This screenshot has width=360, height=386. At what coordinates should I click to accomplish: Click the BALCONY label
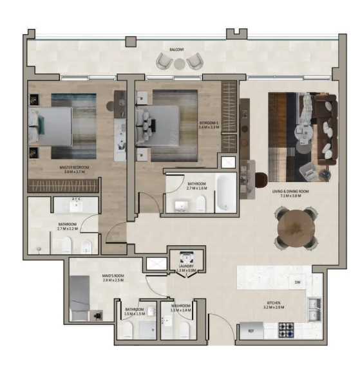(177, 50)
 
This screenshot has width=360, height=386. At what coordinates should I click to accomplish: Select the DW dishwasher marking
(298, 283)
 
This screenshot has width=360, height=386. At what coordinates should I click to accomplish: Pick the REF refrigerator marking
(251, 331)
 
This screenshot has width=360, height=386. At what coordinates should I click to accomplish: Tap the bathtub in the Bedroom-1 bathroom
(226, 192)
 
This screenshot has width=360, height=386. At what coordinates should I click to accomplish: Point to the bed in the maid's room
(80, 295)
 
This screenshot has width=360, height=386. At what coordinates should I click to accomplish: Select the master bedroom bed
(52, 125)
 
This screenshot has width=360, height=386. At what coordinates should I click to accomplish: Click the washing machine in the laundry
(185, 255)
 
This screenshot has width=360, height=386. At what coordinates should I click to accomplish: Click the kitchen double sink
(314, 309)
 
